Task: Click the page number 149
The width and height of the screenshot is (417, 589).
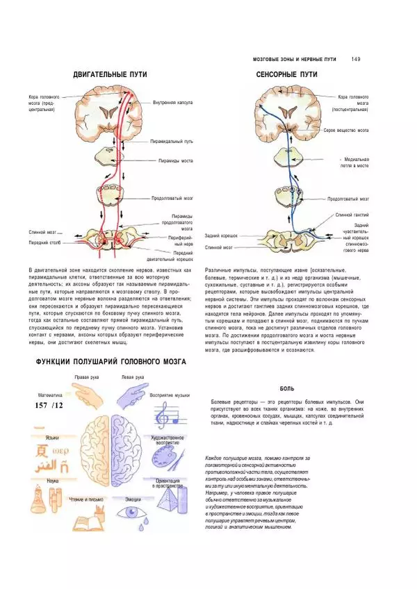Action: click(357, 59)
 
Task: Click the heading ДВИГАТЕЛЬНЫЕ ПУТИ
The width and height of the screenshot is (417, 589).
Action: click(111, 74)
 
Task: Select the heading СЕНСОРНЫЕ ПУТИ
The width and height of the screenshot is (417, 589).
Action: click(287, 74)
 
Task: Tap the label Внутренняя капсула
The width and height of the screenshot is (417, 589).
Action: click(172, 103)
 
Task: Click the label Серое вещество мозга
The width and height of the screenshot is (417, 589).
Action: click(346, 130)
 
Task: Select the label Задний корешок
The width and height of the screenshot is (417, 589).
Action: click(222, 236)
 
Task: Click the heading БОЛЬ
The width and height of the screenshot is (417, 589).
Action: click(285, 390)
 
